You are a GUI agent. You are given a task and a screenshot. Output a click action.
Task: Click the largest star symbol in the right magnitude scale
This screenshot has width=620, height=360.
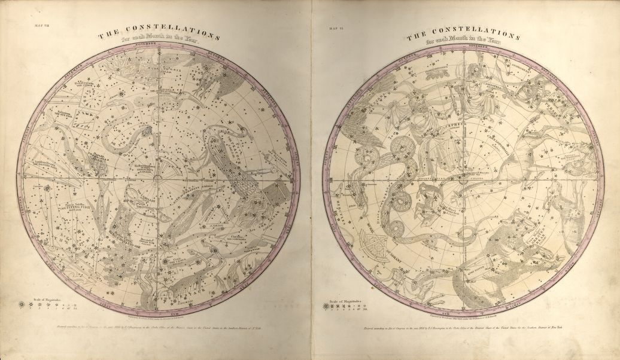point(326,305)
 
